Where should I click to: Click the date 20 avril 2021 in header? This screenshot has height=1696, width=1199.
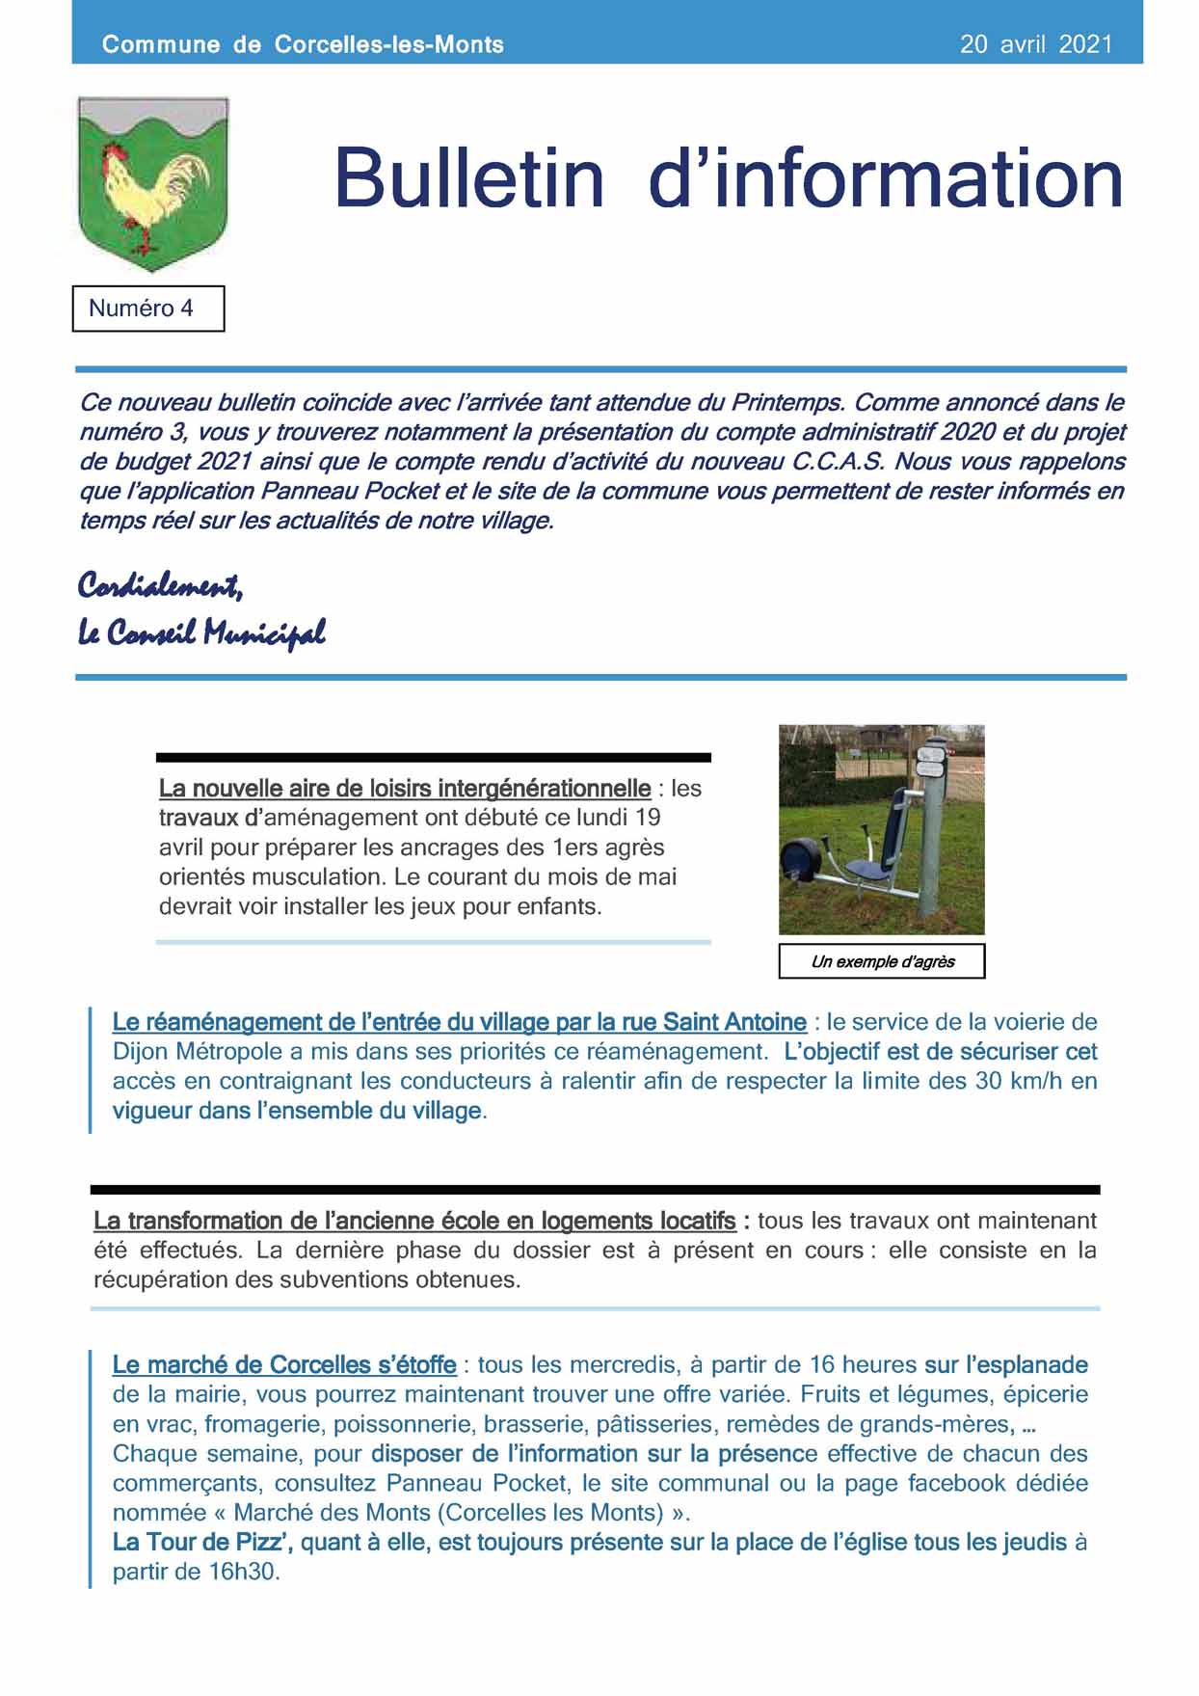click(x=1035, y=44)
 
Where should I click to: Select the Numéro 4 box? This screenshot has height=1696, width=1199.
click(x=147, y=309)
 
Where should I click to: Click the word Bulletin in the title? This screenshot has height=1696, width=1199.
click(x=468, y=178)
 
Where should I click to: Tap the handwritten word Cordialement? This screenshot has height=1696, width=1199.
click(x=160, y=585)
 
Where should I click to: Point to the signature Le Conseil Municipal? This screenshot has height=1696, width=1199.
click(x=201, y=633)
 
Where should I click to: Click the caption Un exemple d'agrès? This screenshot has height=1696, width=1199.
click(x=882, y=961)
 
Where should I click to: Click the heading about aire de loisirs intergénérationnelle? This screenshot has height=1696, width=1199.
click(x=405, y=789)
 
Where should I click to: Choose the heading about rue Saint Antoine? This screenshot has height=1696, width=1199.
click(x=459, y=1022)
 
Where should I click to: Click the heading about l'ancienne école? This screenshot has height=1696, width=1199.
click(x=414, y=1221)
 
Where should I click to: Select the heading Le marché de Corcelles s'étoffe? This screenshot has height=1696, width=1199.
click(x=284, y=1365)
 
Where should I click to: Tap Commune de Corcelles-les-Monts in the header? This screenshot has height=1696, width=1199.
click(x=303, y=44)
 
